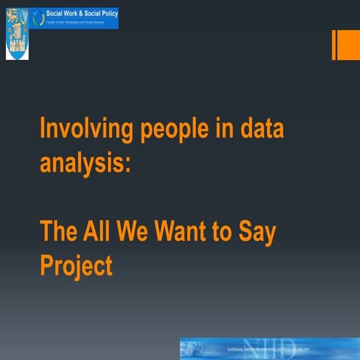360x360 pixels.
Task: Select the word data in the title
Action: tap(260, 130)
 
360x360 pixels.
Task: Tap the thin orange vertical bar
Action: tap(334, 45)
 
